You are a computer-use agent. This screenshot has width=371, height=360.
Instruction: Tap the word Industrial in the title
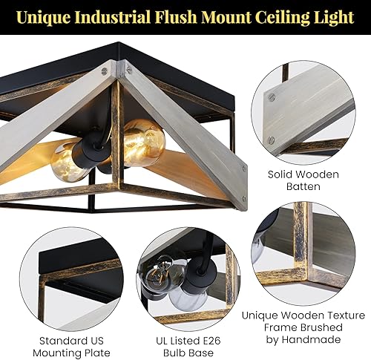pyautogui.click(x=113, y=17)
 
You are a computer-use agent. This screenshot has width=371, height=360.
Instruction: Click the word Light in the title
pyautogui.click(x=332, y=17)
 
